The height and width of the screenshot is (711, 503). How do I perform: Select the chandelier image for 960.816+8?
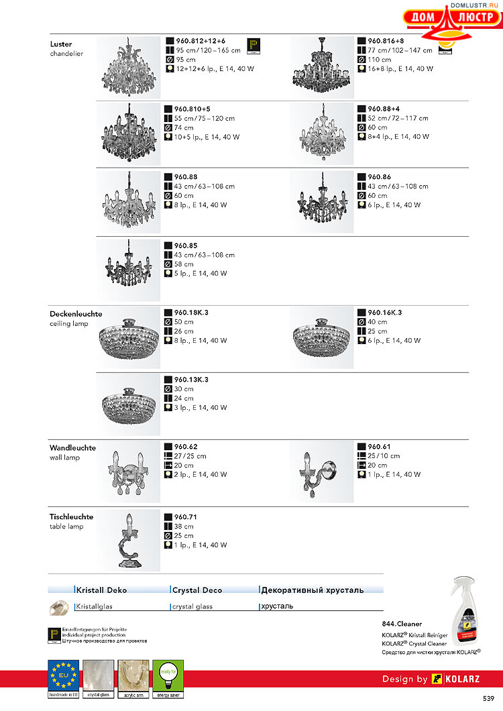(321, 66)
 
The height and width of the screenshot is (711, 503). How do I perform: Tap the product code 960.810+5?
(192, 109)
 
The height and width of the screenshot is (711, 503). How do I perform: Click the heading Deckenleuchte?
(76, 314)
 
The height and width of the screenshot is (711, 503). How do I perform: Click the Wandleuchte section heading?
(72, 448)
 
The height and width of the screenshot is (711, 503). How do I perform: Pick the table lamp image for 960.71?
(128, 541)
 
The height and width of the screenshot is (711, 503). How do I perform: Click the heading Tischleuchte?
(71, 517)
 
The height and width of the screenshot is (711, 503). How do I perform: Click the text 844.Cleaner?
(402, 624)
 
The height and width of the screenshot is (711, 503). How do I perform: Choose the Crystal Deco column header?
(197, 590)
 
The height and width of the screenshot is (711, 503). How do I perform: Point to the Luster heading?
(61, 44)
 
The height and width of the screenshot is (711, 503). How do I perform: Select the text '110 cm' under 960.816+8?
(380, 60)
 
